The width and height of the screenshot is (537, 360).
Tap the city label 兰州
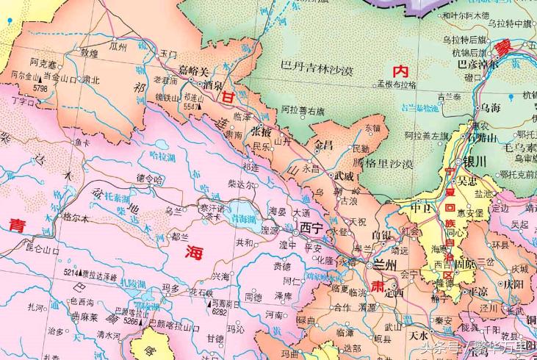[384, 264]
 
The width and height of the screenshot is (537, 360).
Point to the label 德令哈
[149, 179]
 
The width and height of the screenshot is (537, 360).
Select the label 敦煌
[89, 53]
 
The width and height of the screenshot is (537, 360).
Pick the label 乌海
[490, 108]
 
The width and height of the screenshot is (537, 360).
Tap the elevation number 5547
[192, 107]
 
